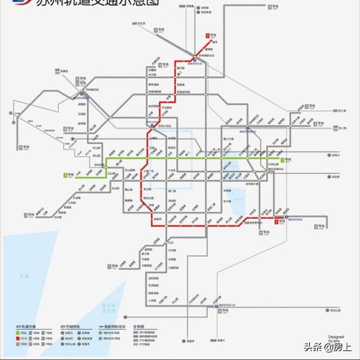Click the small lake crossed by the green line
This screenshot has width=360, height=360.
point(235,164)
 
